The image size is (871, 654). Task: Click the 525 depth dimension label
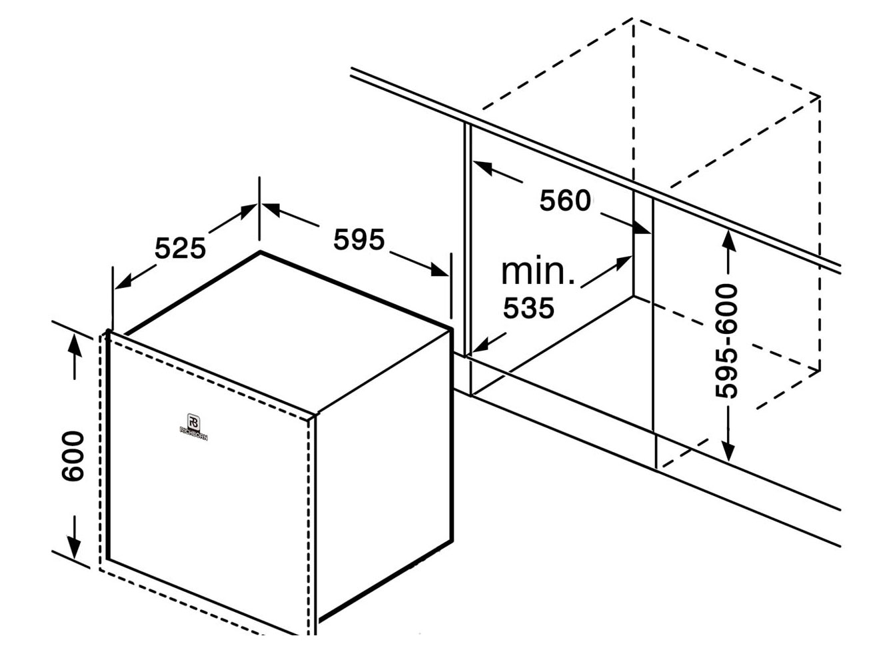tap(180, 248)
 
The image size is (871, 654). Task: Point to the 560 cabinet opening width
tap(565, 200)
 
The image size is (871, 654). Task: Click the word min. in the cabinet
tap(537, 271)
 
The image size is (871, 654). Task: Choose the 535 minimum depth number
tap(528, 307)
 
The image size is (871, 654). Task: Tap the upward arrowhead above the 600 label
tap(74, 344)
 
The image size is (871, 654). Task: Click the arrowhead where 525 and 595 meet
tap(259, 207)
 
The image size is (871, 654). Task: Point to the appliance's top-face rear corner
tap(261, 252)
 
